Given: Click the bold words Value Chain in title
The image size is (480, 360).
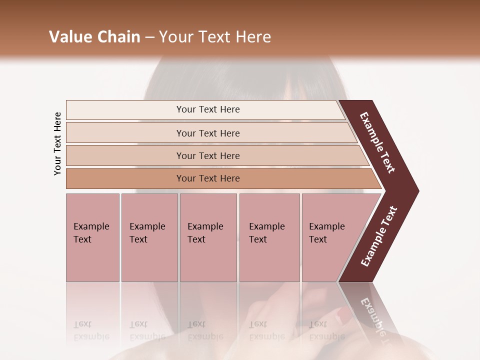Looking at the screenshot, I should [94, 37].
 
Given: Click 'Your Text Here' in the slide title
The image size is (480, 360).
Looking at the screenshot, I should [215, 37].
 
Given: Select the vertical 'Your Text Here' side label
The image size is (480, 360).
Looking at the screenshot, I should [57, 144].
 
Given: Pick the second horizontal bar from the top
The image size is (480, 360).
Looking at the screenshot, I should [207, 133].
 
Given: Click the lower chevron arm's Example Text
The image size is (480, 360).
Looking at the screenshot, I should [379, 236].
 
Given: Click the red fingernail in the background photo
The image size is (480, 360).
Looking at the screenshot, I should [344, 315].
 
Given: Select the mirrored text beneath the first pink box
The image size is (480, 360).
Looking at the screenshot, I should [91, 330].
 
